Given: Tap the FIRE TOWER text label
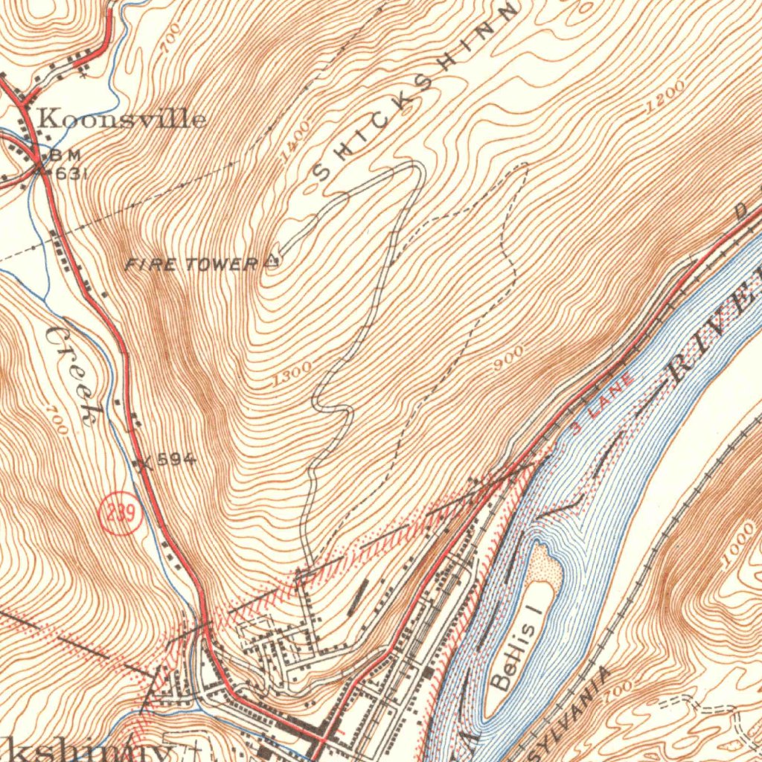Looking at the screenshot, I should [191, 263].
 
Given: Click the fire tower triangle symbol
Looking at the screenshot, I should [272, 261].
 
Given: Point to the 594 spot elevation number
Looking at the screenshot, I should [177, 461].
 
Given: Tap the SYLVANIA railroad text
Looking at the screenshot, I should [572, 708].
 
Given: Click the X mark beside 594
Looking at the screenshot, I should [144, 464].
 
